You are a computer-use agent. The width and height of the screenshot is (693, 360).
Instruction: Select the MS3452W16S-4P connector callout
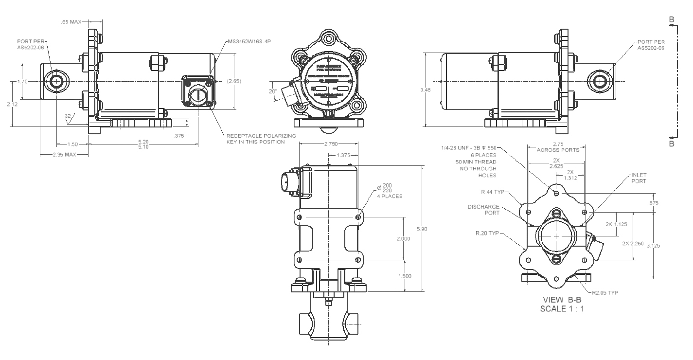pos(249,42)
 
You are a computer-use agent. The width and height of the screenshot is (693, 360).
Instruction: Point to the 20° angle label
pos(273,91)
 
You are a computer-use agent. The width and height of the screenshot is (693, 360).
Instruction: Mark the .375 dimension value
pos(180,136)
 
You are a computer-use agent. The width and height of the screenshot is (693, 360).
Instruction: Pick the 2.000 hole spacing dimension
pos(404,239)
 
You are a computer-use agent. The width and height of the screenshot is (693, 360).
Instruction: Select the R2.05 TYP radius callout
pos(605,293)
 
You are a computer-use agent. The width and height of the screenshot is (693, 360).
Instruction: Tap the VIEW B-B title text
pos(562,300)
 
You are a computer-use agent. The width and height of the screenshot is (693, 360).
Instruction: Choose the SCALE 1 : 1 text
pos(562,308)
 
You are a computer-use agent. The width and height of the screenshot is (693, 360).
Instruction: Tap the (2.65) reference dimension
pos(234,81)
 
